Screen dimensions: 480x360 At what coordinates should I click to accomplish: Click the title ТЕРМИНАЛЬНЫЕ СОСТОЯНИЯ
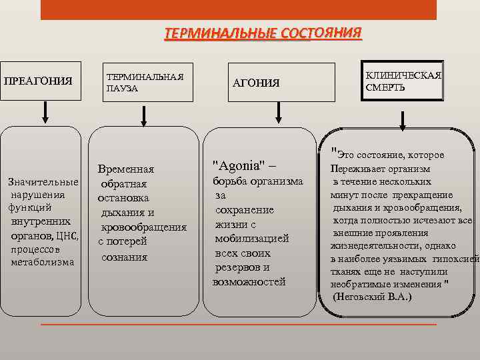263,33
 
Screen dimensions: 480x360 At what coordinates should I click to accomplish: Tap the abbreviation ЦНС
67,235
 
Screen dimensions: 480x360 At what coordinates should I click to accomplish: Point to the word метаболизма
43,262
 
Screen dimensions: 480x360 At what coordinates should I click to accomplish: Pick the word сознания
124,257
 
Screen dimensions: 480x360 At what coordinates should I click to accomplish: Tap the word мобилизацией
251,237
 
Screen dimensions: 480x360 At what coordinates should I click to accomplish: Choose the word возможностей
249,282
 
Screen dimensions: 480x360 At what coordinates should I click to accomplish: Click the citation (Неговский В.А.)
372,296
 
